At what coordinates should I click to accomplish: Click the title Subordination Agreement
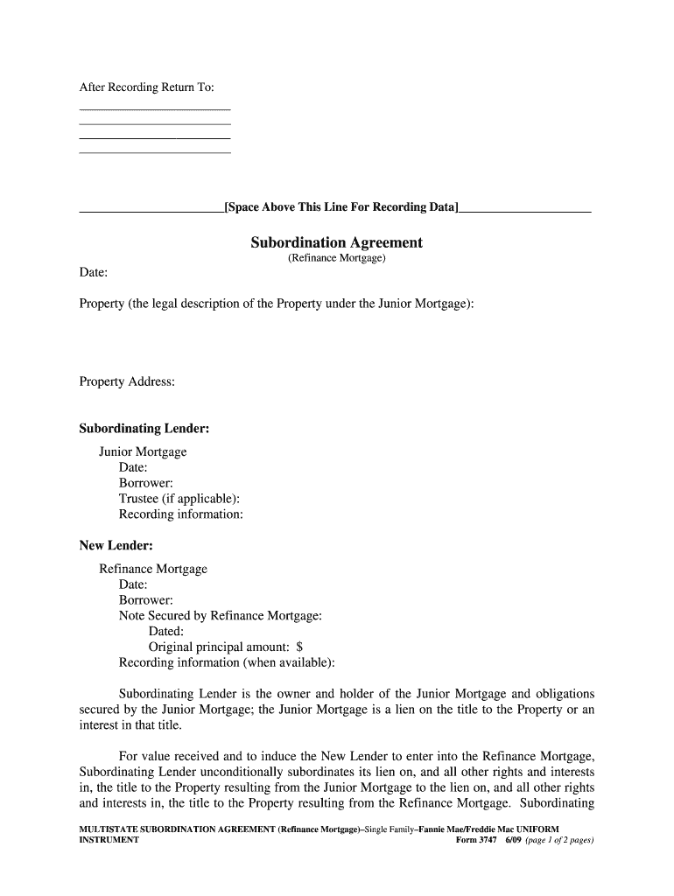tap(336, 242)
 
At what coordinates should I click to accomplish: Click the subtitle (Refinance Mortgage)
tap(336, 259)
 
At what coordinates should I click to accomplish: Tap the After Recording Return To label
tap(146, 87)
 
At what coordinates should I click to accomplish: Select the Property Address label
tap(127, 381)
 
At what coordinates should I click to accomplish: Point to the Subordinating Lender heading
tap(144, 429)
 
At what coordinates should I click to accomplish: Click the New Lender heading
tap(116, 545)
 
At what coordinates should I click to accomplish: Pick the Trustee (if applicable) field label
tap(179, 499)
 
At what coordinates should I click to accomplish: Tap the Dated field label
tap(166, 631)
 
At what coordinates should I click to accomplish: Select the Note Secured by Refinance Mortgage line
tap(221, 616)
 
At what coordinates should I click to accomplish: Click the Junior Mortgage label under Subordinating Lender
tap(143, 452)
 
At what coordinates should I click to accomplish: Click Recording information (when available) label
tap(227, 662)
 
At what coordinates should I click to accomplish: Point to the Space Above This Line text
tap(341, 207)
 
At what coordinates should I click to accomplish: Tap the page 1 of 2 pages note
tap(560, 840)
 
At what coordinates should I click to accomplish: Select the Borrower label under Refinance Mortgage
tap(146, 600)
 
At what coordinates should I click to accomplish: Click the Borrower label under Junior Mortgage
tap(146, 483)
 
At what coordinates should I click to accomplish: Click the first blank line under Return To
tap(155, 109)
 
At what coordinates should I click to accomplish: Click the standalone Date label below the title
tap(94, 274)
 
